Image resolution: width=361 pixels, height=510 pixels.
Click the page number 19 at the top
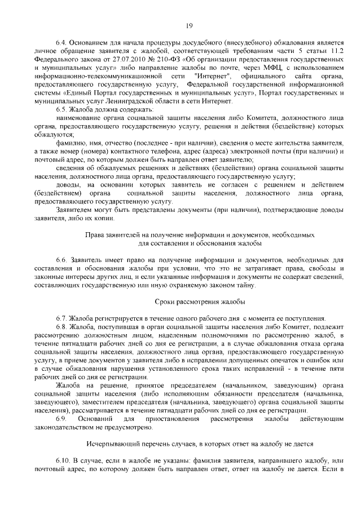(189, 25)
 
